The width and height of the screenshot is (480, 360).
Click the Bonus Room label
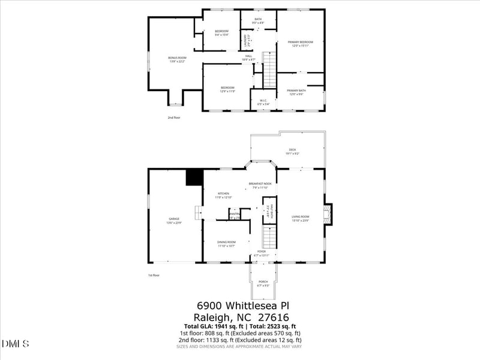(177, 58)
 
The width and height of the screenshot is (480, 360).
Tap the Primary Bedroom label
(301, 42)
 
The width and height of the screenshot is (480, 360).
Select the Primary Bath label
(301, 91)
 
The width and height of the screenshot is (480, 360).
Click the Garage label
(174, 218)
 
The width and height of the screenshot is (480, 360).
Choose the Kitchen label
(223, 194)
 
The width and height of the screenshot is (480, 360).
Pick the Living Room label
(300, 217)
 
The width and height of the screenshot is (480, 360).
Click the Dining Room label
(227, 242)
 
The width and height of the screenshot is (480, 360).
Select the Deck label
(292, 150)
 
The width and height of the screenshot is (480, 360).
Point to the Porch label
(263, 281)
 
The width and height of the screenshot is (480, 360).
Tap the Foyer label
(262, 251)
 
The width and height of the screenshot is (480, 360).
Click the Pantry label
(235, 214)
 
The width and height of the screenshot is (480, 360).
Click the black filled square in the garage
(194, 178)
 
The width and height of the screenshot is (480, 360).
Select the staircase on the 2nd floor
(270, 70)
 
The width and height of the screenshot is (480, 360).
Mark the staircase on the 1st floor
(269, 238)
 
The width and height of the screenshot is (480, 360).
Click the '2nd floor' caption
(173, 118)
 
